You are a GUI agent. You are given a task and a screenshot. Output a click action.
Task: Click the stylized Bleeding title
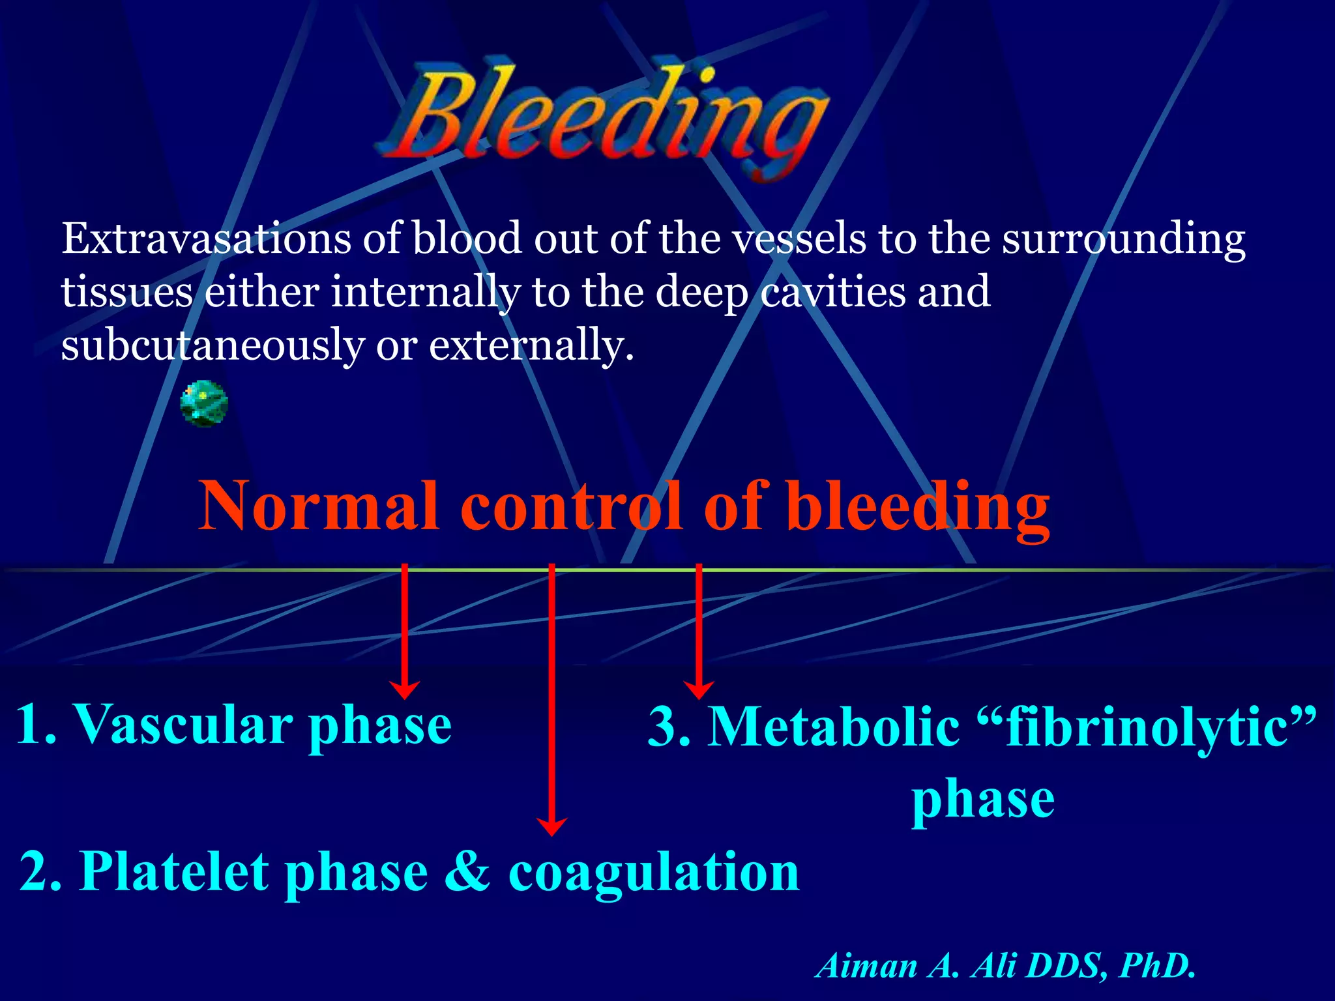tap(603, 117)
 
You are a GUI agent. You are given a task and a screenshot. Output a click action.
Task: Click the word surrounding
tap(1122, 240)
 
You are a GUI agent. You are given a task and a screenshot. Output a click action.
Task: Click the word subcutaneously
tap(213, 345)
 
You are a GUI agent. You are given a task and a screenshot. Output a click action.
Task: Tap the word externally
tap(531, 345)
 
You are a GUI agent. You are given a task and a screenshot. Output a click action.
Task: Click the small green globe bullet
tap(204, 404)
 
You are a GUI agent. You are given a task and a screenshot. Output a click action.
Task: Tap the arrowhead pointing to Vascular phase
tap(405, 689)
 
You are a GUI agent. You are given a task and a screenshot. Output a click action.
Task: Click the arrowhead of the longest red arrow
tap(551, 826)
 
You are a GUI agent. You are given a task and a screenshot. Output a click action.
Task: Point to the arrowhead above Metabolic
tap(699, 689)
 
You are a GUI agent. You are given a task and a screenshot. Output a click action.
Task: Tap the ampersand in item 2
tap(467, 872)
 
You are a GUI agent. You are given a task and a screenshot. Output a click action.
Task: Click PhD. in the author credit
tap(1157, 966)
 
